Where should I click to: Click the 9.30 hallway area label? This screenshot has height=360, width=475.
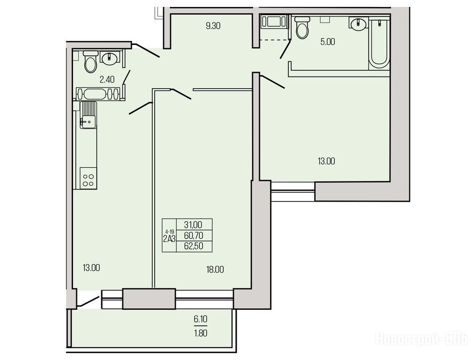(x=213, y=26)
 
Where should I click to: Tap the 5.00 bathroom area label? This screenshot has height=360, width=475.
(x=328, y=42)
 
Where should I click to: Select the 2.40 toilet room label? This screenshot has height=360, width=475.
(x=107, y=80)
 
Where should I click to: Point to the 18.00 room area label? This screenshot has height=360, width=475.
(x=215, y=269)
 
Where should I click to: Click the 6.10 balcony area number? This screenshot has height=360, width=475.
(x=201, y=319)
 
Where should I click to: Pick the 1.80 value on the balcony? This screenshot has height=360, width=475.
(x=201, y=333)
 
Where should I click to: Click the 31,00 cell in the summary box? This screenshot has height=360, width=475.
(x=193, y=225)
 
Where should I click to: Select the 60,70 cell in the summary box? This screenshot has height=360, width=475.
(x=193, y=235)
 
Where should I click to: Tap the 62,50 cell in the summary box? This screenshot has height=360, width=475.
(x=193, y=246)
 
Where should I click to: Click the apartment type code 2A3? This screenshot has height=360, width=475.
(x=169, y=239)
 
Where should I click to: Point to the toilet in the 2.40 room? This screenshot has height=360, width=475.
(x=90, y=61)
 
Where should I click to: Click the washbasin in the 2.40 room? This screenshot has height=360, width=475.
(x=109, y=59)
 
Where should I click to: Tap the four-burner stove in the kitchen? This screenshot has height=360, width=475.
(x=89, y=179)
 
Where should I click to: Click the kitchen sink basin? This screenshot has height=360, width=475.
(x=88, y=121)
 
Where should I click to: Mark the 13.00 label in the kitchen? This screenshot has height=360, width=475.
(x=91, y=268)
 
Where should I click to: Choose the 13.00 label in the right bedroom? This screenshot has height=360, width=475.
(x=326, y=161)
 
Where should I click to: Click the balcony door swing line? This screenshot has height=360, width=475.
(x=89, y=301)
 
